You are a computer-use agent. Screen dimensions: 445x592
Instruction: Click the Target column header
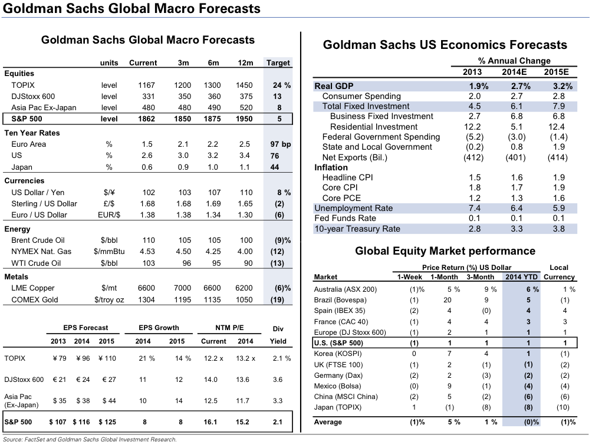tap(278, 63)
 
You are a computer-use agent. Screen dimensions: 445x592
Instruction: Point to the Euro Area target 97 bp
tap(278, 144)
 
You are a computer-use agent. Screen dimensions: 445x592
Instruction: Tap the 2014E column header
tap(515, 72)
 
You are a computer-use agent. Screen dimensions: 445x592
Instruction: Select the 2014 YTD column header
tap(521, 277)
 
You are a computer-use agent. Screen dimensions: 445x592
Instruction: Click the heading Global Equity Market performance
tap(445, 251)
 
